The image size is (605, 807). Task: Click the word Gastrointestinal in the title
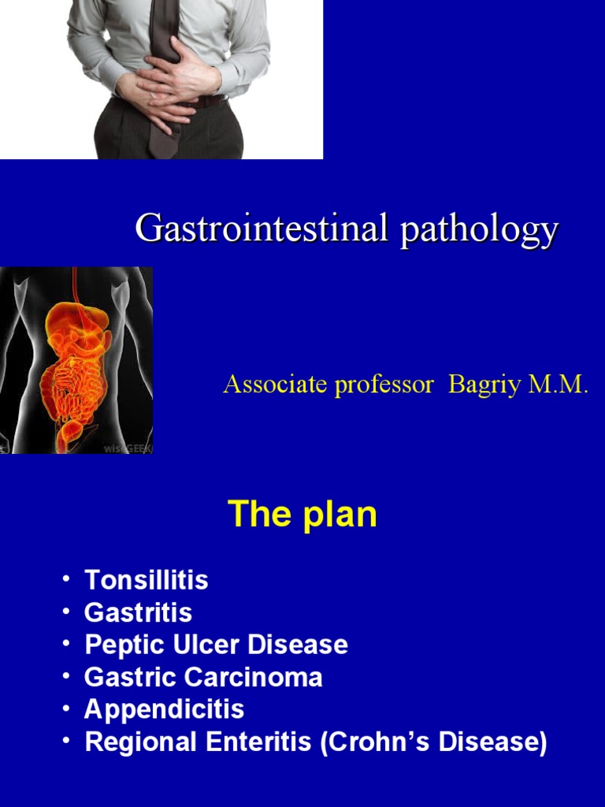click(x=263, y=229)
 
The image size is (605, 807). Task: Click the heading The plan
click(x=302, y=515)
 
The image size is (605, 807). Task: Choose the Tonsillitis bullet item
click(x=147, y=581)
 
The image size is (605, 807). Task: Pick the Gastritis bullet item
click(x=138, y=613)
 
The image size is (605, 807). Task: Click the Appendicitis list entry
click(x=164, y=709)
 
